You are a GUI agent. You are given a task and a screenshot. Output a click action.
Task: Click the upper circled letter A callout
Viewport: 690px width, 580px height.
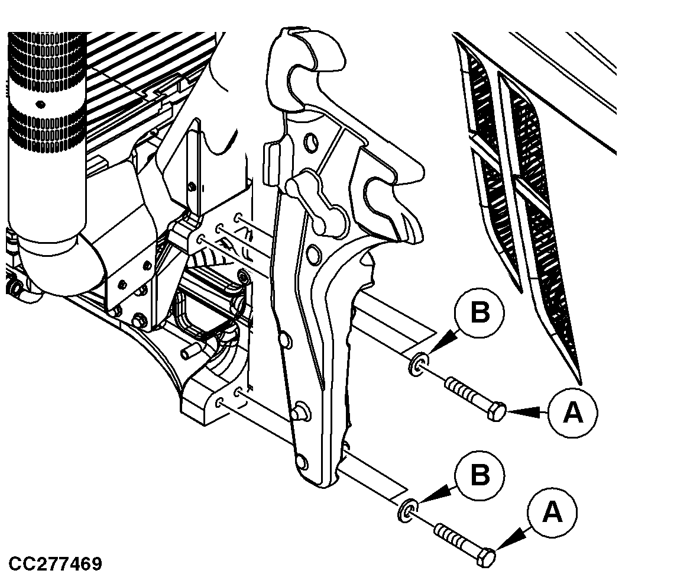572,413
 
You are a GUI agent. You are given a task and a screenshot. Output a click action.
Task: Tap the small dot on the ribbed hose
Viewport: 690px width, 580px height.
40,104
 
